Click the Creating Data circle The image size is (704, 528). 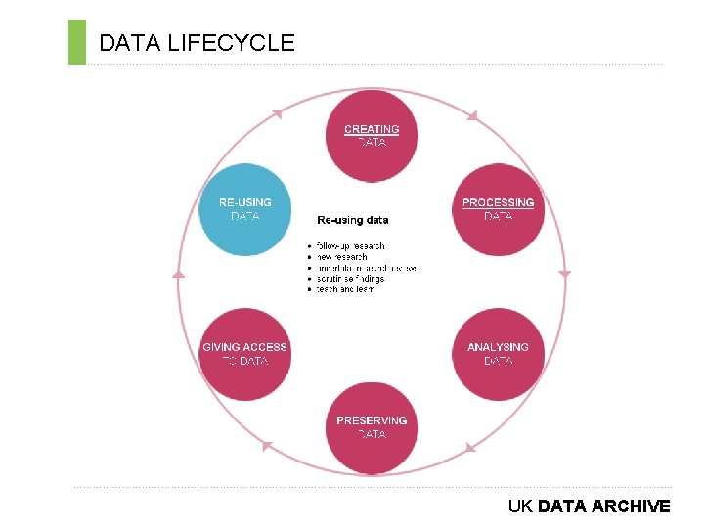click(x=372, y=136)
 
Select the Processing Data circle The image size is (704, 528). click(x=498, y=209)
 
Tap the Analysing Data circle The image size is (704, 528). click(x=498, y=354)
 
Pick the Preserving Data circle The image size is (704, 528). click(x=372, y=427)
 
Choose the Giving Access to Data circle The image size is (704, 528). click(x=244, y=354)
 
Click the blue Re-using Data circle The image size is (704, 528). click(x=244, y=209)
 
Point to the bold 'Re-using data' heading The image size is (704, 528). click(x=352, y=220)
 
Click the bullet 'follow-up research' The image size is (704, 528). click(x=350, y=245)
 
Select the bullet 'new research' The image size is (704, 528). click(x=341, y=256)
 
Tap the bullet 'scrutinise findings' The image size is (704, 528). click(x=350, y=279)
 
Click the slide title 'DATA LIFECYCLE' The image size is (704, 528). click(x=197, y=42)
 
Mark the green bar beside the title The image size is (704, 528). click(x=77, y=42)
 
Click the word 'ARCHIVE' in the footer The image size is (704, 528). click(x=631, y=506)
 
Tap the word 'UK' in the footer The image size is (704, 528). click(x=520, y=506)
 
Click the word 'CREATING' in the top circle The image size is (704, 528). click(x=372, y=129)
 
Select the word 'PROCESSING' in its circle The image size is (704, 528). click(x=498, y=202)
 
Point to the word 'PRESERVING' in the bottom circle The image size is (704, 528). click(x=372, y=420)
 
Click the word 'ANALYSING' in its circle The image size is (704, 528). click(x=498, y=347)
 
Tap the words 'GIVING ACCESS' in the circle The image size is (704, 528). click(x=244, y=347)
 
